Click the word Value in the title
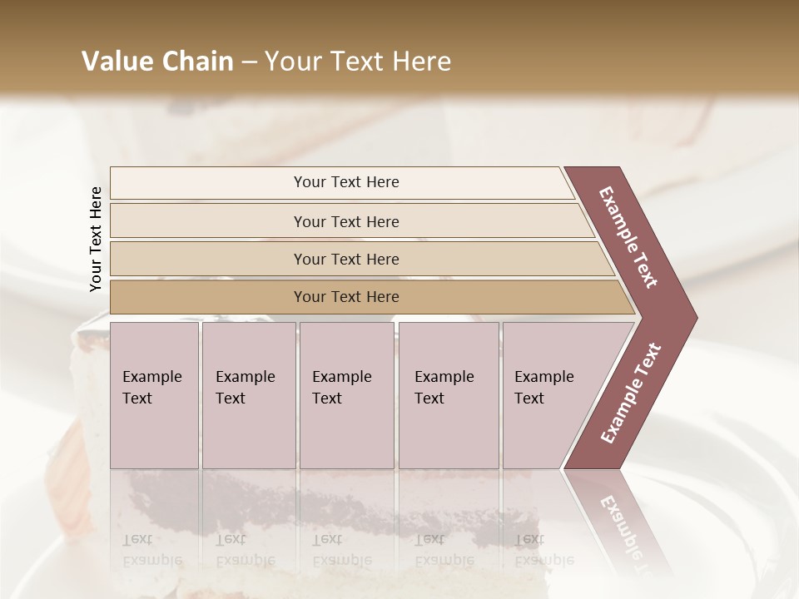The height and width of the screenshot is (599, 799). coord(117,62)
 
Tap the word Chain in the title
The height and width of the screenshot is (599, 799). coord(196,62)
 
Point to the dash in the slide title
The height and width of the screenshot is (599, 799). coord(249,62)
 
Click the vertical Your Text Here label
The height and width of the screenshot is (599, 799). coord(96,239)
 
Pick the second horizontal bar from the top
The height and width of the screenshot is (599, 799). coord(345,221)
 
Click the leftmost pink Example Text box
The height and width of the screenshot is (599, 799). coord(154,395)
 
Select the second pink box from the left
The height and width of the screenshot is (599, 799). coord(249,395)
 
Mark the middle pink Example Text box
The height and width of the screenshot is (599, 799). coord(346,395)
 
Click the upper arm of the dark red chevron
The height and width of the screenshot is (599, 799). coord(630,237)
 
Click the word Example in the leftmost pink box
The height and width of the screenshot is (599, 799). coord(151,377)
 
